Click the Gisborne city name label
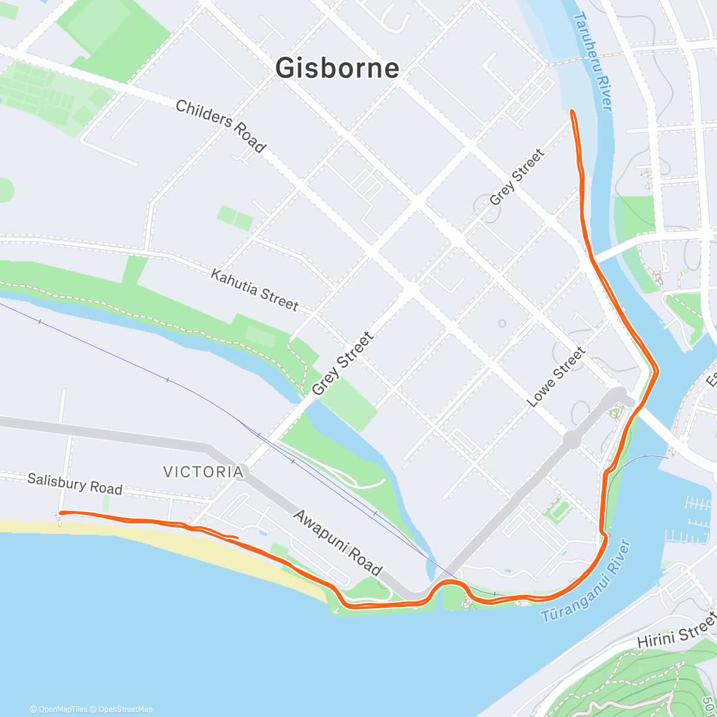[x=337, y=68]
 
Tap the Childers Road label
[x=220, y=126]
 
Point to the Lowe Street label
[x=556, y=378]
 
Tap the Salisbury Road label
[x=75, y=484]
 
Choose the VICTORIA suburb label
[x=204, y=472]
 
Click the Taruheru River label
[x=593, y=61]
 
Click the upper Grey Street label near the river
[x=517, y=177]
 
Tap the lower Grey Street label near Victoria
[x=342, y=363]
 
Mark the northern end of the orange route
[x=572, y=111]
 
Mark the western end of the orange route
[x=61, y=513]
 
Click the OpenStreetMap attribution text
[x=125, y=709]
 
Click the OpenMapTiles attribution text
[x=62, y=709]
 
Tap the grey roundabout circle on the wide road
[x=572, y=440]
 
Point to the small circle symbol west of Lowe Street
[x=502, y=324]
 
